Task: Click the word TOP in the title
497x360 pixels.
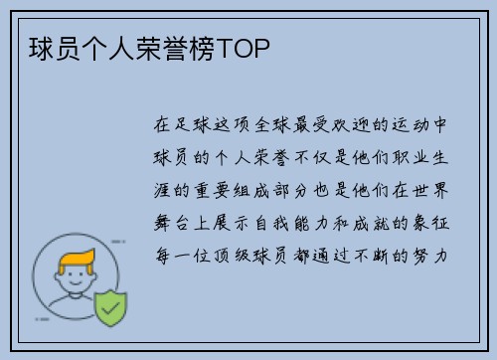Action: tap(245, 47)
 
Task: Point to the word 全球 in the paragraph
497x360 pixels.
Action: tap(280, 126)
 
